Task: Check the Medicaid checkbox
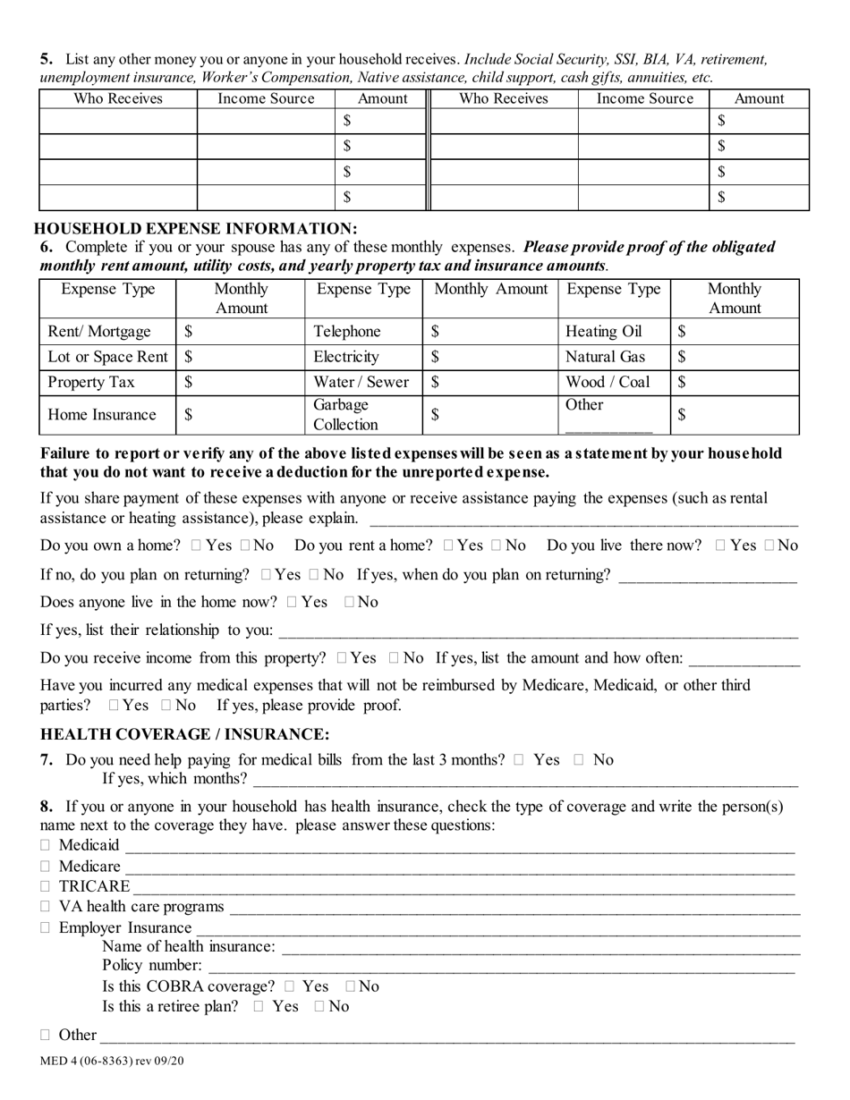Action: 46,845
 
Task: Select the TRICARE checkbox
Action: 46,887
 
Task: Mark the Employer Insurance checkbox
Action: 46,928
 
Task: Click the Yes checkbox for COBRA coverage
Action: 289,986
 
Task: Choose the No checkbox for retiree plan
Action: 319,1007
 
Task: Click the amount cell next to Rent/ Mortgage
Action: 240,332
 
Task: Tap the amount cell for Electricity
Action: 489,357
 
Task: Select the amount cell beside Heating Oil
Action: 734,332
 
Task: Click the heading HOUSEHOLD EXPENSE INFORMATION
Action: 195,228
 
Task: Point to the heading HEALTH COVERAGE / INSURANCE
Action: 185,734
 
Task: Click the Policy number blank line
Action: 501,967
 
